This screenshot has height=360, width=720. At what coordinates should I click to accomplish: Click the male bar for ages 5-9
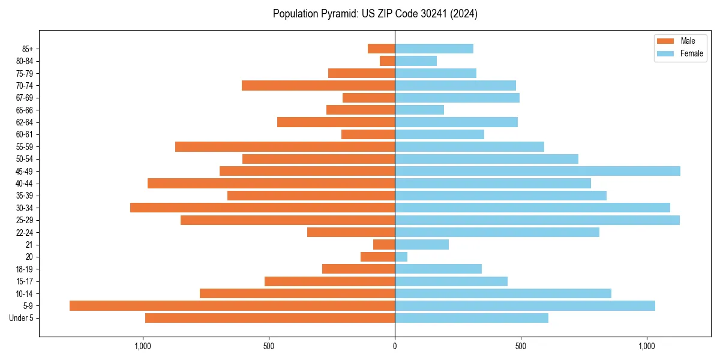pos(232,305)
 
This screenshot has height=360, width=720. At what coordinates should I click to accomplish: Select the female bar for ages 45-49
pos(538,171)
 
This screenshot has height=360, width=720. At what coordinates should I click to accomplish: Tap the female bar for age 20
pos(401,257)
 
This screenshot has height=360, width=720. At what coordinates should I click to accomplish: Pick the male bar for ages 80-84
pos(388,61)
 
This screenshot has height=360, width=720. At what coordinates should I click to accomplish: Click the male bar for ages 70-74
pos(318,85)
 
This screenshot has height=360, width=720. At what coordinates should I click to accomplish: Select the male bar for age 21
pos(384,244)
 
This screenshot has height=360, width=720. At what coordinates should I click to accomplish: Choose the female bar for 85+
pos(434,49)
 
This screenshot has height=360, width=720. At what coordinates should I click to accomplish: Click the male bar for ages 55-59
pos(285,146)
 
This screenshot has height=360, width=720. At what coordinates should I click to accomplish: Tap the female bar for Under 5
pos(472,318)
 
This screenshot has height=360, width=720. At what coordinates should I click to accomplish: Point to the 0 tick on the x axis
pos(395,346)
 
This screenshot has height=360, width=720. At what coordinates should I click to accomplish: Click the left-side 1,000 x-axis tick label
pos(143,346)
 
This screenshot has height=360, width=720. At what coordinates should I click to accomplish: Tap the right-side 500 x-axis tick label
pos(521,346)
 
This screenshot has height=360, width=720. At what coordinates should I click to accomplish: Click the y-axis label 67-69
pos(25,98)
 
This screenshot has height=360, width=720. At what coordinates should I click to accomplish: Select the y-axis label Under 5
pos(22,318)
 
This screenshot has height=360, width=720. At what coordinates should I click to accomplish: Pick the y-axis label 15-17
pos(25,281)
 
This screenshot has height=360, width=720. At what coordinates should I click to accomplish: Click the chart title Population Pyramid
pos(375,14)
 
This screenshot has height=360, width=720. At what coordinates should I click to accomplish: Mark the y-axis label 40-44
pos(25,183)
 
